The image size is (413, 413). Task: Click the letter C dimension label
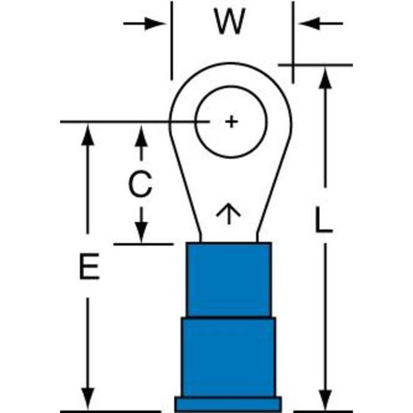pos(140,184)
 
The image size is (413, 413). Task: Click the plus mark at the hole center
pos(232,122)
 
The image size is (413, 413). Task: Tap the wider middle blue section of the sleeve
pos(228,356)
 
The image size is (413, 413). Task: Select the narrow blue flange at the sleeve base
pos(228,403)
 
